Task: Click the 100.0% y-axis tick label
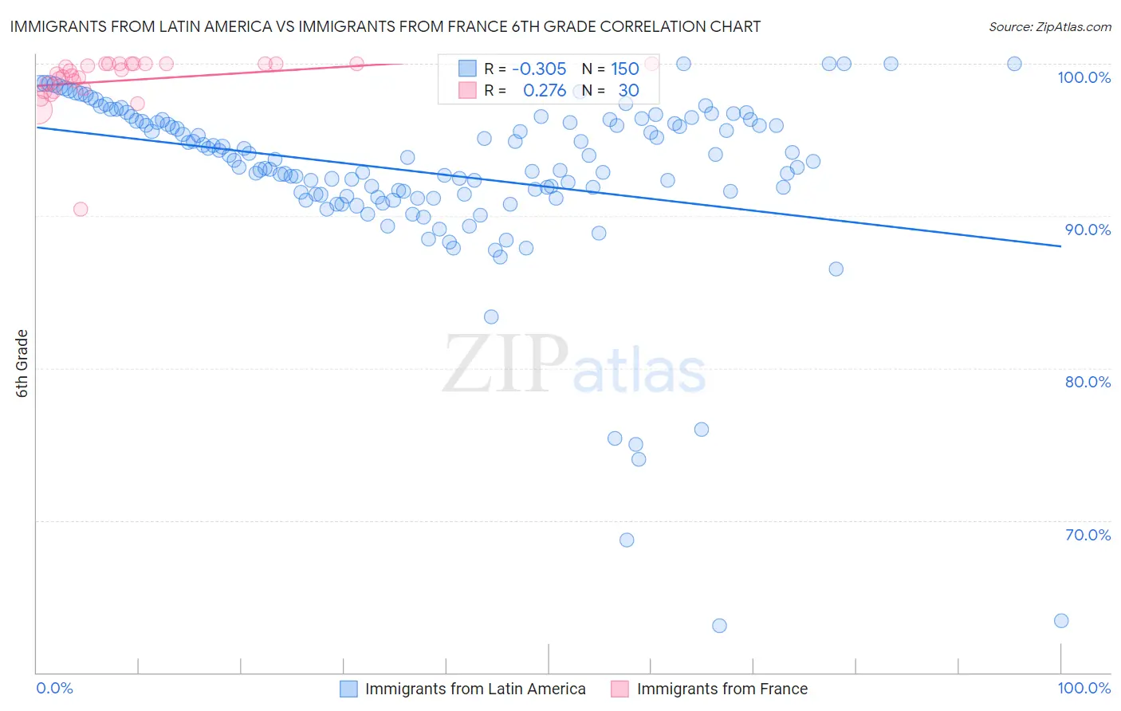pos(1084,77)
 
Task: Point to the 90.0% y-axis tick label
pos(1088,230)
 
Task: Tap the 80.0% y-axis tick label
pos(1088,382)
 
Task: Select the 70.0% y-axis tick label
pos(1088,535)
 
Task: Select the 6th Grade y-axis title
pos(22,363)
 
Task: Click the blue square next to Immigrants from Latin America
pos(348,689)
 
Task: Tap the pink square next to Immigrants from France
pos(619,689)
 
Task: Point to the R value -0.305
pos(539,69)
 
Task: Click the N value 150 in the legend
pos(624,69)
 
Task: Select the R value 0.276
pos(545,91)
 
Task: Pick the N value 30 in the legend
pos(628,91)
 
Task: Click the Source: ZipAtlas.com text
pos(1049,27)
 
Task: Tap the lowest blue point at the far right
pos(1060,621)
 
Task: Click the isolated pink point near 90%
pos(80,209)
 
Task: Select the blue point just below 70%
pos(627,540)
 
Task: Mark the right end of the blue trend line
pos(1060,246)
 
